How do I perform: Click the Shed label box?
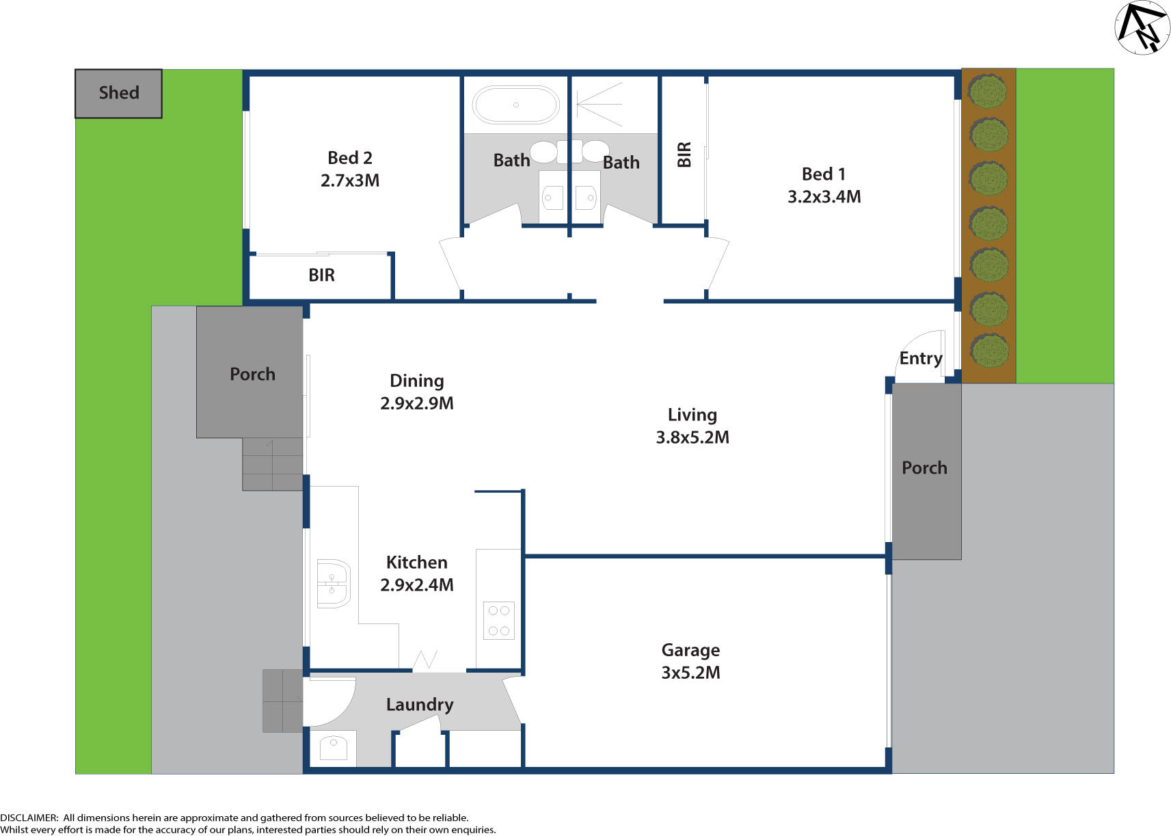118,93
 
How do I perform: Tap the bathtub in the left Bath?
516,105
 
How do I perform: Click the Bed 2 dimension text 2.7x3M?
350,180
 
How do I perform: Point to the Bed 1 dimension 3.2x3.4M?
824,197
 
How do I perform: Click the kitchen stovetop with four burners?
498,621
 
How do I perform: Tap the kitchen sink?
334,583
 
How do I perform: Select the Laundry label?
419,705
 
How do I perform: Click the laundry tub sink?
334,747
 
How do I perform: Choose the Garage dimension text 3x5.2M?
690,673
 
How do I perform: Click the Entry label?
920,358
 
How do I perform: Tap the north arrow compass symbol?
1142,27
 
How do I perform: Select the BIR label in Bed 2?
321,275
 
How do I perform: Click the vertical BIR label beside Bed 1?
684,154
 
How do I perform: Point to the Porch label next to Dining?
252,375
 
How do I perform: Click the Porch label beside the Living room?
924,468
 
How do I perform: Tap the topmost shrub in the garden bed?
988,92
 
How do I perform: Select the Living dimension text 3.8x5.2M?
692,437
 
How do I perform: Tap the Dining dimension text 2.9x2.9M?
416,403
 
